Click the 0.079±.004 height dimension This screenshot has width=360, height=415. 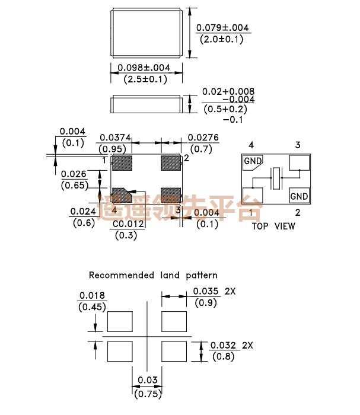point(223,28)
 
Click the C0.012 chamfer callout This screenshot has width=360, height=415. point(128,225)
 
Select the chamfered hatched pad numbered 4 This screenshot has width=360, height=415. point(123,194)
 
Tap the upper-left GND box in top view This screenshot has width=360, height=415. point(252,161)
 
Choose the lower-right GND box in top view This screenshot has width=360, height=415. point(299,196)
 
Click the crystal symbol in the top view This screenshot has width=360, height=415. point(276,178)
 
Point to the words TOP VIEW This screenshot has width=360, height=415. point(273,226)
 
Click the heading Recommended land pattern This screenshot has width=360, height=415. point(153,275)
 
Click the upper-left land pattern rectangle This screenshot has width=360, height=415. point(119,321)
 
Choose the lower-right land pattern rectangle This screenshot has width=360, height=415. point(175,351)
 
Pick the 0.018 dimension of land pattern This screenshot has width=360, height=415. point(92,296)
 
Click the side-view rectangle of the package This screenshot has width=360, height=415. point(146,106)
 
